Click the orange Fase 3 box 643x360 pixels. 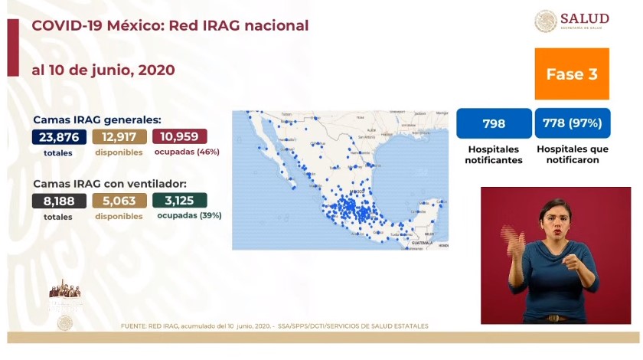(571, 74)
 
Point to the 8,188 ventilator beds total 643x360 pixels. (58, 201)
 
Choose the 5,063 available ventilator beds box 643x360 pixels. (119, 201)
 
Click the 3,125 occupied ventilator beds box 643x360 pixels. (180, 201)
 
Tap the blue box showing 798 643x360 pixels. (494, 123)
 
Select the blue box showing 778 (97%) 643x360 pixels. (572, 123)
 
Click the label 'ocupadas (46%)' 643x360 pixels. (187, 152)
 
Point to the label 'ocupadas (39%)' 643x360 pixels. (189, 216)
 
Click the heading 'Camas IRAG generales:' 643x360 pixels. (96, 119)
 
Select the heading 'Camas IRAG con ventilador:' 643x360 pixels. (109, 184)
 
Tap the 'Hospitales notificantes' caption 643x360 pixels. (494, 155)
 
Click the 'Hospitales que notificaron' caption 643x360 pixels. (572, 155)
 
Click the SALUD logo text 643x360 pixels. (584, 18)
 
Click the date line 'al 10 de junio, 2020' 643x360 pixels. (103, 70)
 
